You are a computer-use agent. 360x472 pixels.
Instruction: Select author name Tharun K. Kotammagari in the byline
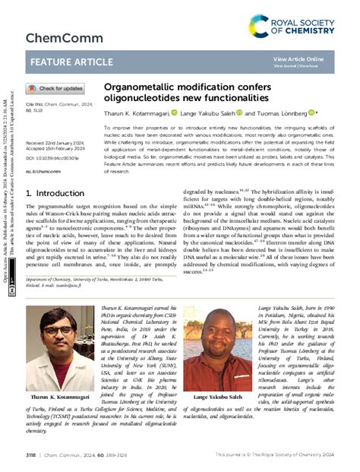pyautogui.click(x=134, y=112)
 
